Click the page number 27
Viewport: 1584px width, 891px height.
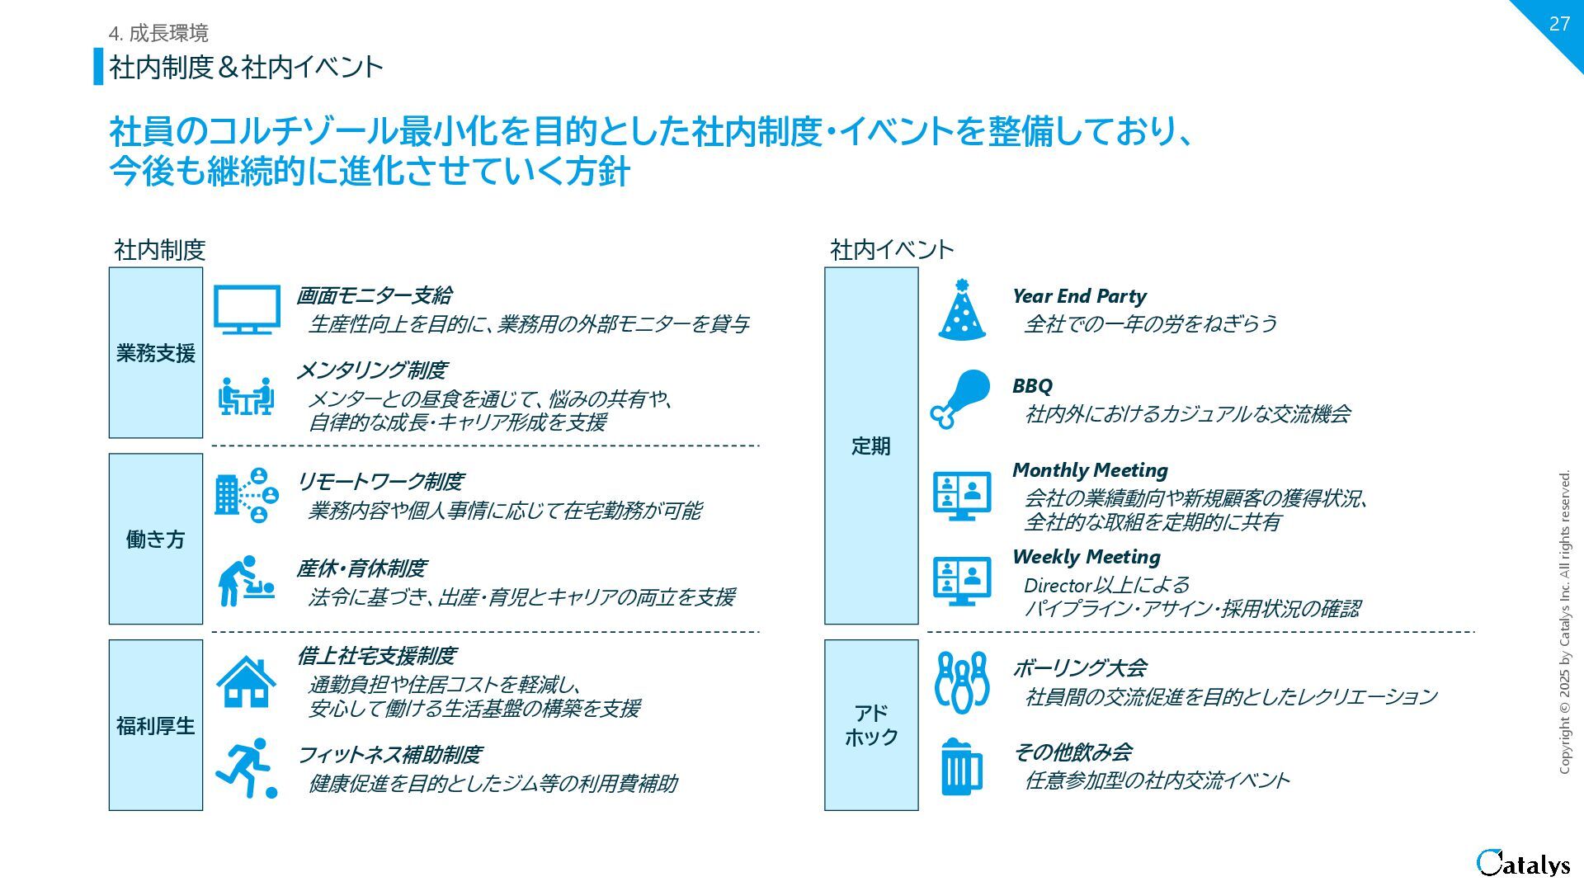1558,24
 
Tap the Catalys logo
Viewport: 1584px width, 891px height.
1523,863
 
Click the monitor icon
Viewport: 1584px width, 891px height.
247,309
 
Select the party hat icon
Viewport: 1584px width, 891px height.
961,310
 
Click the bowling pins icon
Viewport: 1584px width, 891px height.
962,682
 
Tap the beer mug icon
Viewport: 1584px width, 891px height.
961,766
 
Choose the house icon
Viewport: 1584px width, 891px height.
246,681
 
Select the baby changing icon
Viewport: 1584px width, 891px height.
246,581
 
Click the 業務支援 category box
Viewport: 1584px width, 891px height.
156,352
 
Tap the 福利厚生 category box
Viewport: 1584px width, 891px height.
156,725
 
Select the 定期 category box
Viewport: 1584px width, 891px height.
871,445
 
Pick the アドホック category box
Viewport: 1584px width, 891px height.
871,725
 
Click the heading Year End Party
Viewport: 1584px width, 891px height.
1079,296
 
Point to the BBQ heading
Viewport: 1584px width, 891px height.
1032,385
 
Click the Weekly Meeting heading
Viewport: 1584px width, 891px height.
1086,557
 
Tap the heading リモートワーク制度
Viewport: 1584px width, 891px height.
380,481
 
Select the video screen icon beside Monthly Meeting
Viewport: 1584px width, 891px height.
962,495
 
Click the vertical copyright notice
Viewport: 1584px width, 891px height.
1564,622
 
